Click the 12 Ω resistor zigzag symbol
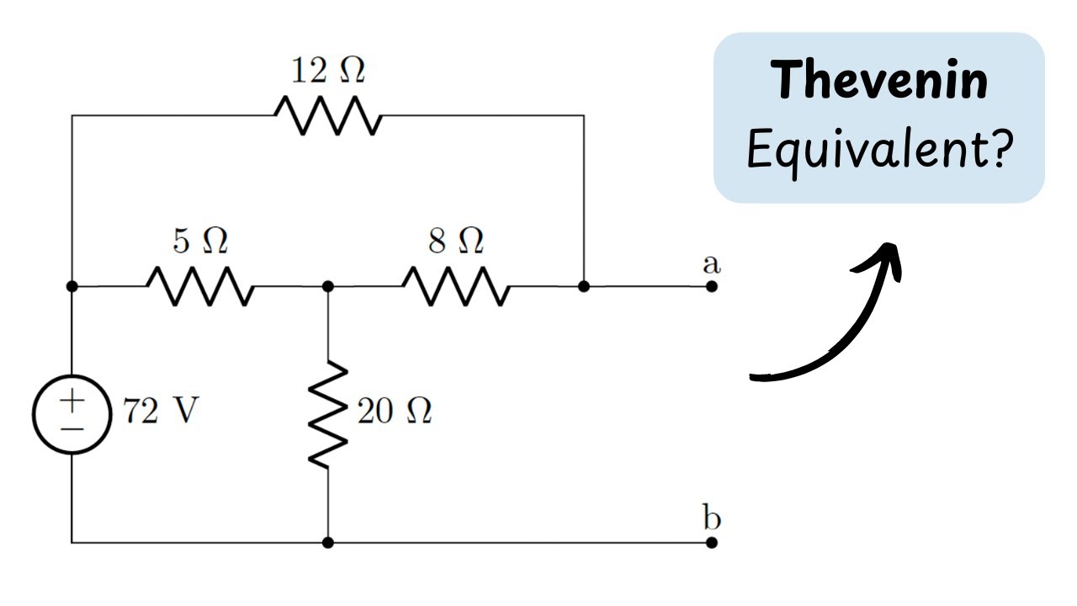coord(328,115)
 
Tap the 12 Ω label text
coord(328,72)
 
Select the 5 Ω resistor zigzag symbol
coord(199,286)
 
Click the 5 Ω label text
coord(200,242)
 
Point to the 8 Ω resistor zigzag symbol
coord(455,286)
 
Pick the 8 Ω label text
coord(456,242)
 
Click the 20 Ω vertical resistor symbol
coord(328,414)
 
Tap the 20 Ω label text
coord(394,412)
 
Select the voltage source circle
coord(72,414)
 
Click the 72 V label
coord(161,412)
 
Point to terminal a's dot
coord(712,286)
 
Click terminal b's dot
coord(712,542)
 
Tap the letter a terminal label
coord(712,263)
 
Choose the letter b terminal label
coord(712,517)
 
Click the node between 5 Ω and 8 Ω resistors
coord(328,286)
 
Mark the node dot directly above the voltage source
coord(72,286)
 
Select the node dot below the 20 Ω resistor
coord(328,542)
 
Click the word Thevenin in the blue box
coord(880,81)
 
